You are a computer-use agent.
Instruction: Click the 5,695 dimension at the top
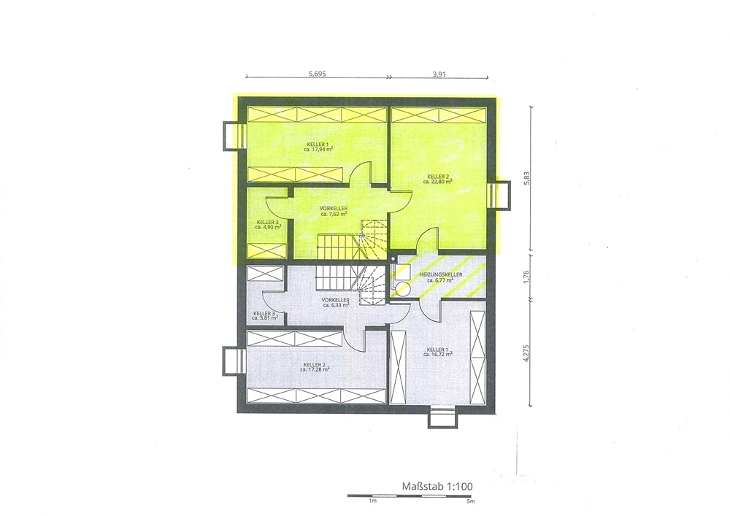click(317, 73)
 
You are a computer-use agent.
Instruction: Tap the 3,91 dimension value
click(439, 73)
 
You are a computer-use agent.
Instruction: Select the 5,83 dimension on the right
click(526, 179)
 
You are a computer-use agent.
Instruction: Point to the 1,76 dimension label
click(526, 277)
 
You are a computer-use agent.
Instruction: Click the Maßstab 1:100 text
click(437, 486)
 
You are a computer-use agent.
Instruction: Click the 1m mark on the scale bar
click(372, 501)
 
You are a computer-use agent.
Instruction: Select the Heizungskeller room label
click(441, 277)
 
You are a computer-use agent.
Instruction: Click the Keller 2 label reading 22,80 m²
click(437, 179)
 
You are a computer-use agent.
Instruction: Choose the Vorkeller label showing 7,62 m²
click(334, 211)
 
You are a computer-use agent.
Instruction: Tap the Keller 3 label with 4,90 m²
click(268, 225)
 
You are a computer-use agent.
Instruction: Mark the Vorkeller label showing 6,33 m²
click(336, 302)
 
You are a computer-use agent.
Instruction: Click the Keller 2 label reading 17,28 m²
click(315, 366)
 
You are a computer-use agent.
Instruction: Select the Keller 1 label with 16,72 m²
click(437, 351)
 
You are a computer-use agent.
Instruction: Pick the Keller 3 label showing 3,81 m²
click(265, 315)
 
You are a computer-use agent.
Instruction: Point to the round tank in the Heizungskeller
click(401, 289)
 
